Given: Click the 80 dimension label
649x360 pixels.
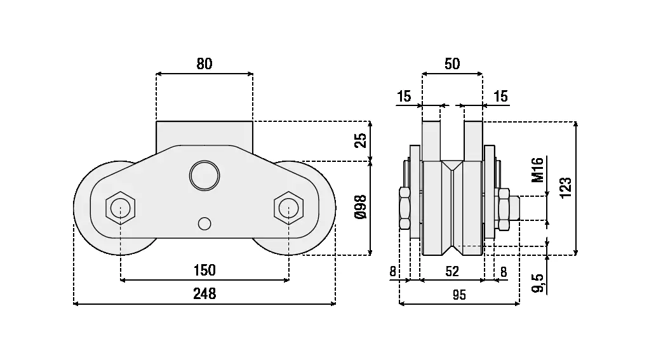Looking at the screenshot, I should [x=204, y=63].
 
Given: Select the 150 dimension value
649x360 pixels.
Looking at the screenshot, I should [x=204, y=270].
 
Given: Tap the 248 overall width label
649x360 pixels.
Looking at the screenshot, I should [x=204, y=293].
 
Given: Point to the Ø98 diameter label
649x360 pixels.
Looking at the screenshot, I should [x=360, y=208].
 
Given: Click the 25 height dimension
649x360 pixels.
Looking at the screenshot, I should [x=360, y=140].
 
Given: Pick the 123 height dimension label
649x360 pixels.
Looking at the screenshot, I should [x=566, y=188].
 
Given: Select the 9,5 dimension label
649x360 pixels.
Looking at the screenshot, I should [x=538, y=283].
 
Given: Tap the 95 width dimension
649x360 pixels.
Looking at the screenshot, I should [x=458, y=295].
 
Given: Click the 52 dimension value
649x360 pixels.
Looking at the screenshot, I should [x=452, y=272].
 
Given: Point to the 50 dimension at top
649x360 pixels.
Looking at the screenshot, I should [x=452, y=63].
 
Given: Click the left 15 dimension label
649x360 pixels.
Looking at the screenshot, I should [x=404, y=97].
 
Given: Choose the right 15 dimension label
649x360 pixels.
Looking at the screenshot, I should [x=500, y=97].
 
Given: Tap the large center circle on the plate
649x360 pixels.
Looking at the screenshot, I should [x=204, y=174].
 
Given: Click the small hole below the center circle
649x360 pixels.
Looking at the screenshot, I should [x=204, y=223].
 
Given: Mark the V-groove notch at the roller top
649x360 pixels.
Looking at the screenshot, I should [x=452, y=166].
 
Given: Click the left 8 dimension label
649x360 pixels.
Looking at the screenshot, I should [x=393, y=272].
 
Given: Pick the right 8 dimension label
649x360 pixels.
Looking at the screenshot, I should [x=504, y=272].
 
